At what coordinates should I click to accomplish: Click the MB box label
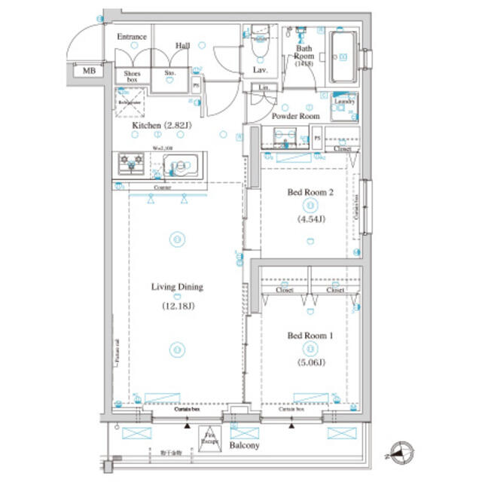[x=89, y=72]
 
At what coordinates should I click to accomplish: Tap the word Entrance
[x=132, y=37]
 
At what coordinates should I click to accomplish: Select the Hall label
[x=182, y=46]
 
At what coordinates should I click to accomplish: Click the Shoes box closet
[x=132, y=75]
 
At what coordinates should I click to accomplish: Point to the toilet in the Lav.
[x=259, y=44]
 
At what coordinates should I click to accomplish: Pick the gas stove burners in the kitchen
[x=131, y=162]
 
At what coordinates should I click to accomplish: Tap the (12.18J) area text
[x=177, y=306]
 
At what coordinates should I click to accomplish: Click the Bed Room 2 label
[x=310, y=193]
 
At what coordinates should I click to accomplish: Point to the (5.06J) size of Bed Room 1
[x=310, y=362]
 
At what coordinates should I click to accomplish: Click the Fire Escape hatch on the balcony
[x=210, y=438]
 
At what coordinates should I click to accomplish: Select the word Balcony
[x=245, y=445]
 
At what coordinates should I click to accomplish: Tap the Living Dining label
[x=177, y=287]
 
